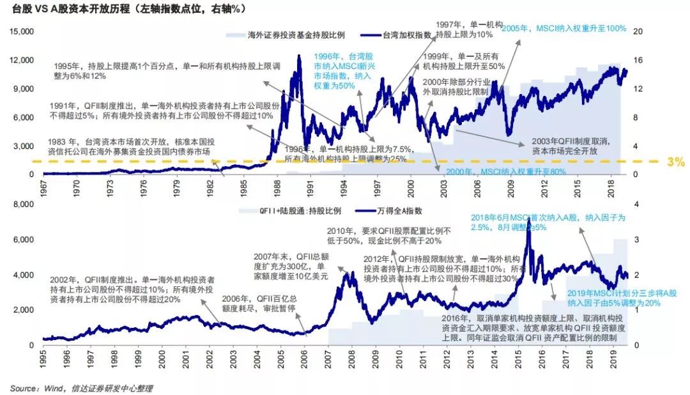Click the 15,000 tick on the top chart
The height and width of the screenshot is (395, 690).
[x=22, y=31]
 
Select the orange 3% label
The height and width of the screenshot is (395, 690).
[x=675, y=162]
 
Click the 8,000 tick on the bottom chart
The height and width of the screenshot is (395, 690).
[x=24, y=205]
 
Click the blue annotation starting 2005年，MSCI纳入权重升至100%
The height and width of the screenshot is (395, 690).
[x=563, y=29]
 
